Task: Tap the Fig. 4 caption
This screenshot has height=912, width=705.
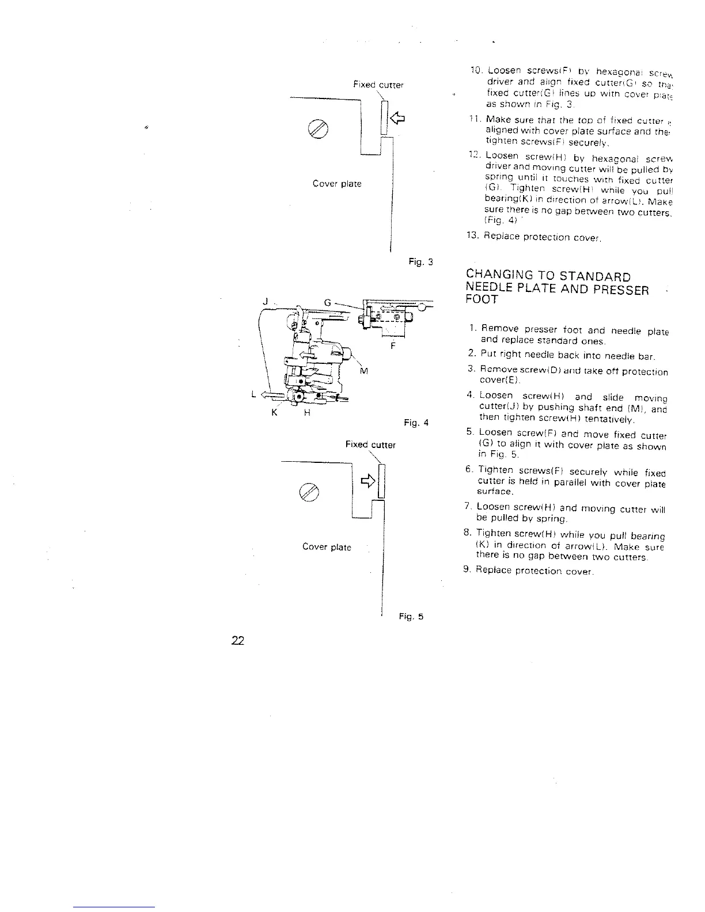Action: [x=416, y=423]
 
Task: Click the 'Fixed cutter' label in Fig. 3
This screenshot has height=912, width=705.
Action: [x=378, y=85]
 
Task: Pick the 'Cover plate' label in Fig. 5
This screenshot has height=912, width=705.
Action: [x=327, y=546]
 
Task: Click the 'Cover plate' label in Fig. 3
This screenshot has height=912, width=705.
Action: [x=337, y=184]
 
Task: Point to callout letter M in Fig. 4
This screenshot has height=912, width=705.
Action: [x=363, y=370]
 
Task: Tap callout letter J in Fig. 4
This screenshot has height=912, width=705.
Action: [x=265, y=301]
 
